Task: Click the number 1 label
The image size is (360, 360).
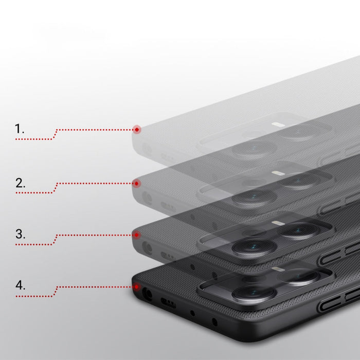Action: coord(20,129)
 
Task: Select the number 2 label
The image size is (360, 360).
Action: coord(20,183)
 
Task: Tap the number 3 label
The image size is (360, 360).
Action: coord(20,234)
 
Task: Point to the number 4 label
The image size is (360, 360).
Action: coord(20,285)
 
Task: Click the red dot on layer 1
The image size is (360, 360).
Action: coord(136,129)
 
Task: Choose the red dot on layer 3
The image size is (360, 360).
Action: coord(136,235)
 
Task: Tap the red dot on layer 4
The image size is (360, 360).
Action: coord(136,287)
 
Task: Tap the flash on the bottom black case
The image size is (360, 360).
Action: coord(277,269)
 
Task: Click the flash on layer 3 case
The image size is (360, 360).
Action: coord(277,223)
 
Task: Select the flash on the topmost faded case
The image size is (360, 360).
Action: coord(277,124)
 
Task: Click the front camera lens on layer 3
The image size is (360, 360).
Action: coord(252,247)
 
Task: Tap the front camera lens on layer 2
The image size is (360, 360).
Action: coord(252,197)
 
